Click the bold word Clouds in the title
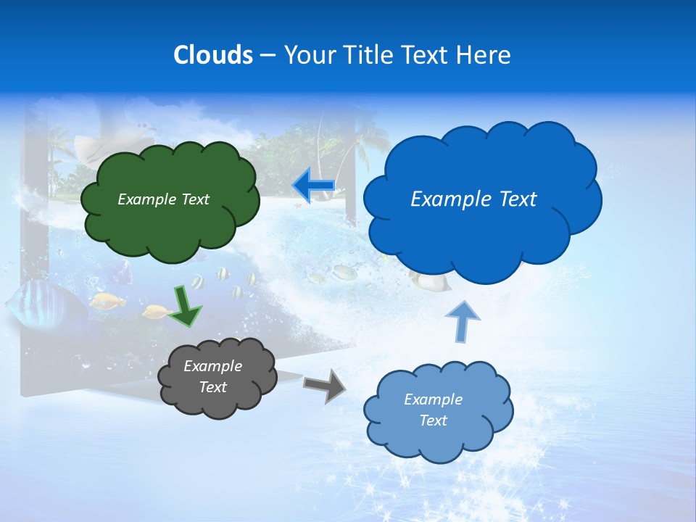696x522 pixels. click(x=213, y=55)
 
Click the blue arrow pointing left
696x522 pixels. click(x=313, y=186)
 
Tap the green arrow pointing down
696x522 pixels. click(x=186, y=305)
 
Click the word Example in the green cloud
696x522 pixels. click(x=146, y=199)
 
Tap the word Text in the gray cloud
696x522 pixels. click(x=213, y=387)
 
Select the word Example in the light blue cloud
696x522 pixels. click(x=433, y=399)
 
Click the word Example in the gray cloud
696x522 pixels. click(x=213, y=366)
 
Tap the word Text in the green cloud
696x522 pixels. click(x=194, y=199)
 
